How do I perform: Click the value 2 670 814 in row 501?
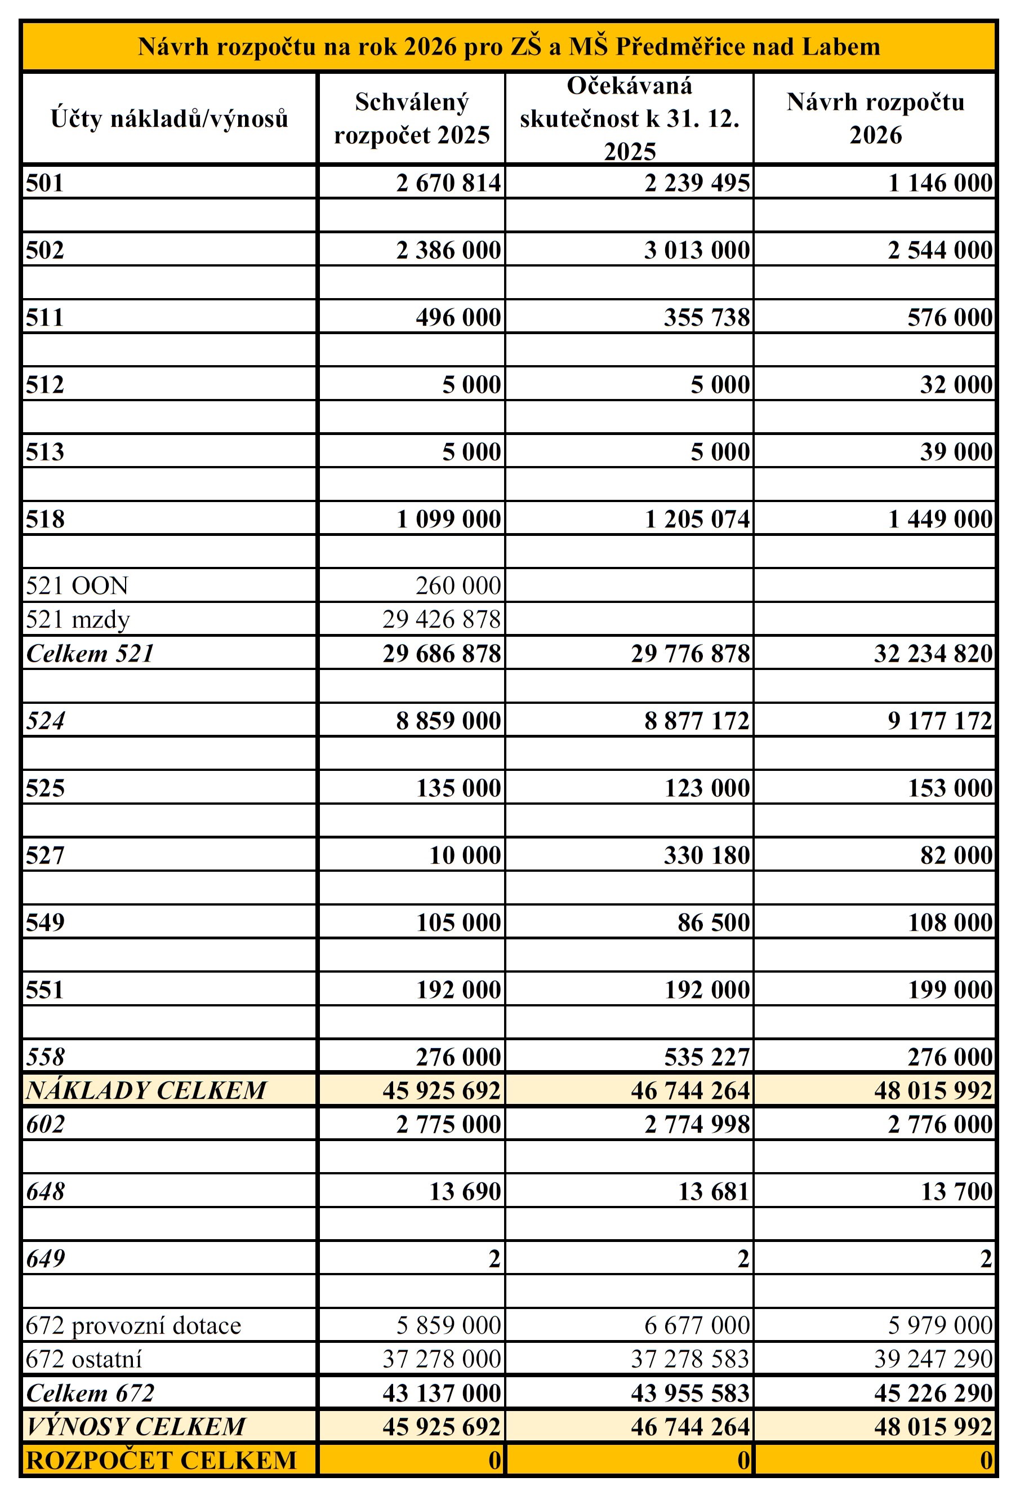pyautogui.click(x=448, y=183)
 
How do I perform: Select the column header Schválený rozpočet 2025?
pyautogui.click(x=412, y=118)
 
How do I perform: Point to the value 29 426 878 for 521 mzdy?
pyautogui.click(x=441, y=619)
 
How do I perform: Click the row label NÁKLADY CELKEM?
pyautogui.click(x=146, y=1090)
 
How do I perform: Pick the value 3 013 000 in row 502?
pyautogui.click(x=697, y=250)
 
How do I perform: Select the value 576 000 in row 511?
pyautogui.click(x=950, y=318)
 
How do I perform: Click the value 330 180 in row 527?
pyautogui.click(x=707, y=855)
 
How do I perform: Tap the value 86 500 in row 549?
pyautogui.click(x=713, y=922)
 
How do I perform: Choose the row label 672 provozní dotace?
pyautogui.click(x=133, y=1325)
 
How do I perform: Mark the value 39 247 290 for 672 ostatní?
pyautogui.click(x=933, y=1359)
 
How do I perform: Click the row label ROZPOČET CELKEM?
pyautogui.click(x=162, y=1460)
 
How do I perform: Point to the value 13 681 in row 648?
pyautogui.click(x=713, y=1191)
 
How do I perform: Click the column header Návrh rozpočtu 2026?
pyautogui.click(x=875, y=118)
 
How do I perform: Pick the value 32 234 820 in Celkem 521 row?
pyautogui.click(x=933, y=654)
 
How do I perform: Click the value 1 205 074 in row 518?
pyautogui.click(x=697, y=519)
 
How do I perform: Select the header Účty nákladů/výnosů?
pyautogui.click(x=169, y=118)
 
